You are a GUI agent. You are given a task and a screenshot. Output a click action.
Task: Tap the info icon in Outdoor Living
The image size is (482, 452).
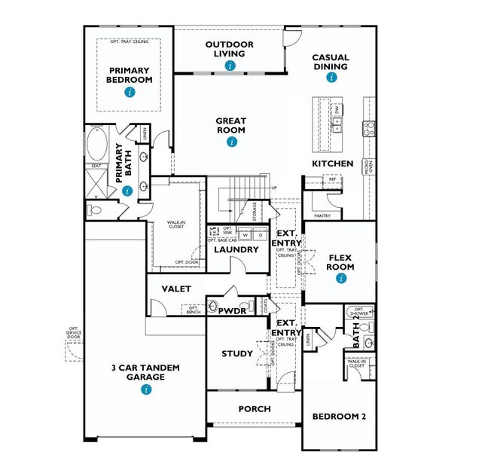point(230,66)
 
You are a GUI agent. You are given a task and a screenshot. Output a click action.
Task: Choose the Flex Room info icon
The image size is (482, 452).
point(341,278)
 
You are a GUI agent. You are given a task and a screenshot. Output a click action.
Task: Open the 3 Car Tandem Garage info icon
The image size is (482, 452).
point(146,389)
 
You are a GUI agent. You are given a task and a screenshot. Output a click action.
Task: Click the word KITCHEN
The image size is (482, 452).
point(333,163)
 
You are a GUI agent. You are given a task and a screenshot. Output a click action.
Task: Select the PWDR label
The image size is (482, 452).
point(233,309)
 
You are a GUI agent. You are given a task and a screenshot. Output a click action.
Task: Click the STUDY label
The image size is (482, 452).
point(236,353)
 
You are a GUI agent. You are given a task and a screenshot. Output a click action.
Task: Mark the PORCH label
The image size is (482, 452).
point(255,409)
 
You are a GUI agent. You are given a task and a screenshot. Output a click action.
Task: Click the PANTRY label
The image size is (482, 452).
point(322,215)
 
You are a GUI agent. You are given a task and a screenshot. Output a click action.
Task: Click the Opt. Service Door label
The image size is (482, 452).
point(74,334)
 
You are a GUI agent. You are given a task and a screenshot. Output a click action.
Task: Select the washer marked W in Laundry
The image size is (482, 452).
point(245,234)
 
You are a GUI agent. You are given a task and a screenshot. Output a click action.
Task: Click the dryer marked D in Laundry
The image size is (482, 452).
point(260,234)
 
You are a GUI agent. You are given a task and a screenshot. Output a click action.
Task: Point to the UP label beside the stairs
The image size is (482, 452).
point(273,188)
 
